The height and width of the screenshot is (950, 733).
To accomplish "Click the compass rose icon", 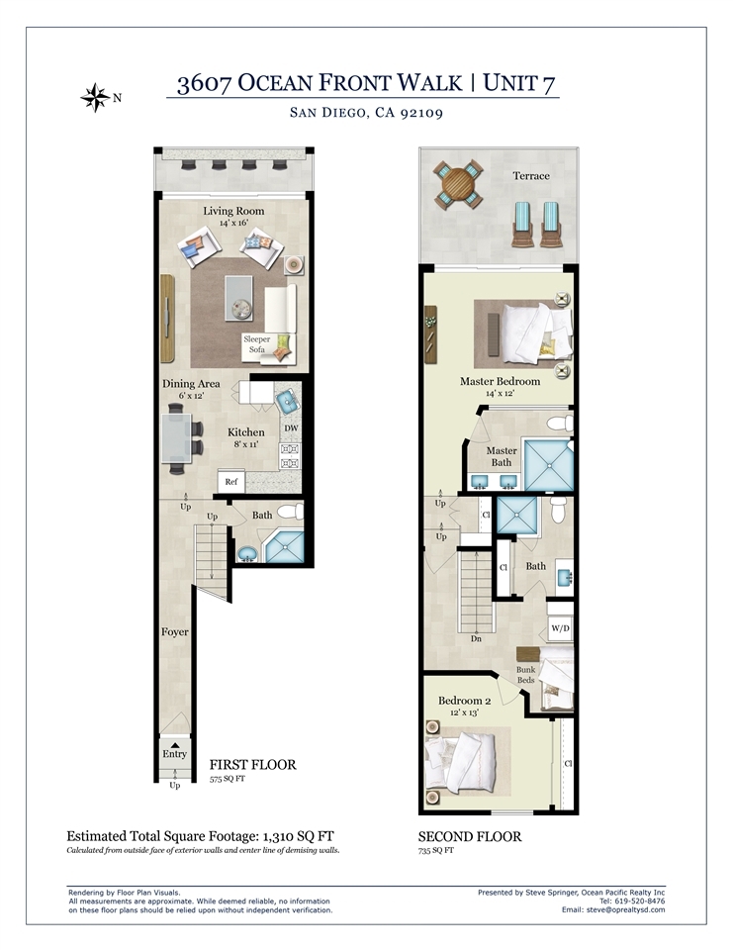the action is (95, 98).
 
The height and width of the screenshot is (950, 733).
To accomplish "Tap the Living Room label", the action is (233, 211).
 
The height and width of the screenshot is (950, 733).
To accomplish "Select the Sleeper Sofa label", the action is (257, 344).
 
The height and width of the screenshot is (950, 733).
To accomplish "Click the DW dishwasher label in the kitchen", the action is (292, 427).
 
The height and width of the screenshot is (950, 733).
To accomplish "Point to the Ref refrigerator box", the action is (230, 482).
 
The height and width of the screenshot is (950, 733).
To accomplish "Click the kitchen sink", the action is (287, 401).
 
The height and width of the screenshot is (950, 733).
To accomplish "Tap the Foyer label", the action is (174, 632).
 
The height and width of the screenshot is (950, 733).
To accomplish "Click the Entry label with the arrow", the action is (174, 751).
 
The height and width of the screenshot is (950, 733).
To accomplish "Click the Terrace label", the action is (531, 176).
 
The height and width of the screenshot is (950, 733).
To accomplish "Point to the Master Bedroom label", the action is (500, 381).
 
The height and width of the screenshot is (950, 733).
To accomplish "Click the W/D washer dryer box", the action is (560, 628).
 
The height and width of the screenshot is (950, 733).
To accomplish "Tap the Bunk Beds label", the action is (526, 674).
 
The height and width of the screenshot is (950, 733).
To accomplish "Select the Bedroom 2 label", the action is (465, 701).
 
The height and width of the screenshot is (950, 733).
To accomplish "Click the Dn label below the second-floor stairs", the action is (476, 638).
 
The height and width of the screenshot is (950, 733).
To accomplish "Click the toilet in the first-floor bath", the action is (291, 512).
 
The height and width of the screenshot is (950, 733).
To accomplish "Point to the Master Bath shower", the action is (548, 465).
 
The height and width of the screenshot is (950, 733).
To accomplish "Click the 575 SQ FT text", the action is (228, 779).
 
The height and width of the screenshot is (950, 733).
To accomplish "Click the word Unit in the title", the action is (509, 83).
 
